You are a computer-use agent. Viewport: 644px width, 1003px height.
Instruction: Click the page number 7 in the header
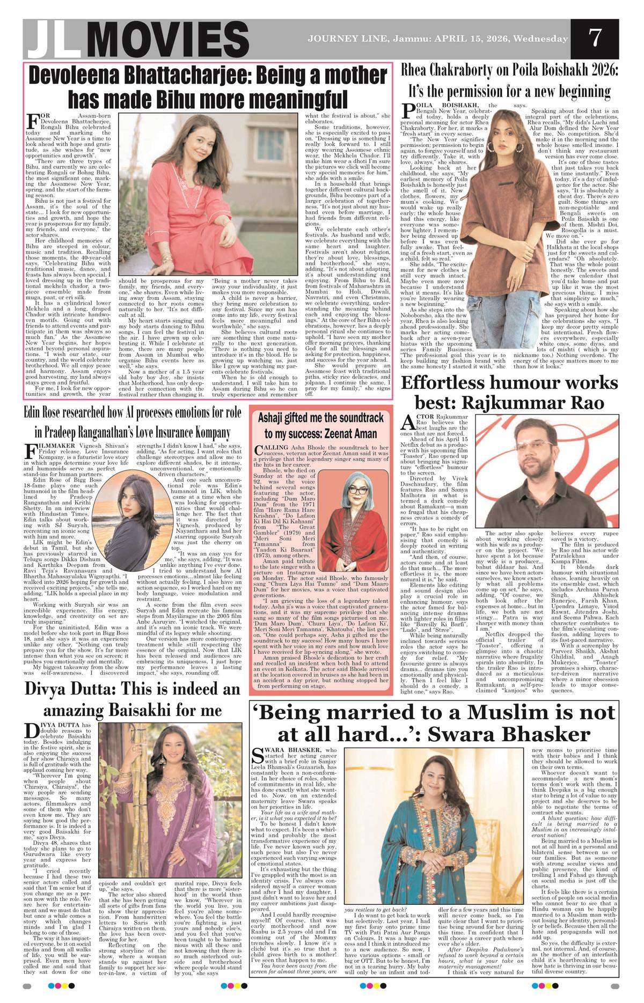tap(594, 38)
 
